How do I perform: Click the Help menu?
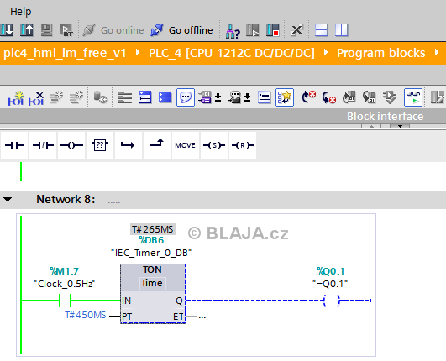click(x=20, y=12)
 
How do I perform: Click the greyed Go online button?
click(x=113, y=30)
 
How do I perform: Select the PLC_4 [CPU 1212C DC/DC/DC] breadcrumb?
click(x=232, y=53)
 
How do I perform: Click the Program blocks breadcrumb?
click(x=380, y=53)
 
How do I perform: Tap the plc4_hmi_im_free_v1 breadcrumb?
click(x=65, y=53)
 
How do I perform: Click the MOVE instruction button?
click(x=185, y=145)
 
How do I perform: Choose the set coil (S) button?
click(x=214, y=145)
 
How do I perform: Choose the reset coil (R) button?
click(x=243, y=145)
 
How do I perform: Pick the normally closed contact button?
click(x=43, y=145)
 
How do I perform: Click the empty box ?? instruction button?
click(x=100, y=145)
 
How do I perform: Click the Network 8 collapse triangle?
click(x=8, y=199)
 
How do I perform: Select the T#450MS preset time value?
click(x=86, y=315)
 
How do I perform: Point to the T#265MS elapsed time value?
click(x=153, y=229)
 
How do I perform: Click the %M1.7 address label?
click(x=64, y=271)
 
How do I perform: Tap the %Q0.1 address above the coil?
click(x=330, y=271)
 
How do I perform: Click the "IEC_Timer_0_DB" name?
click(x=151, y=253)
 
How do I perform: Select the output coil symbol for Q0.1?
click(x=332, y=301)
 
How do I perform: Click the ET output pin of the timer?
click(x=178, y=317)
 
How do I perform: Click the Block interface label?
click(x=386, y=116)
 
